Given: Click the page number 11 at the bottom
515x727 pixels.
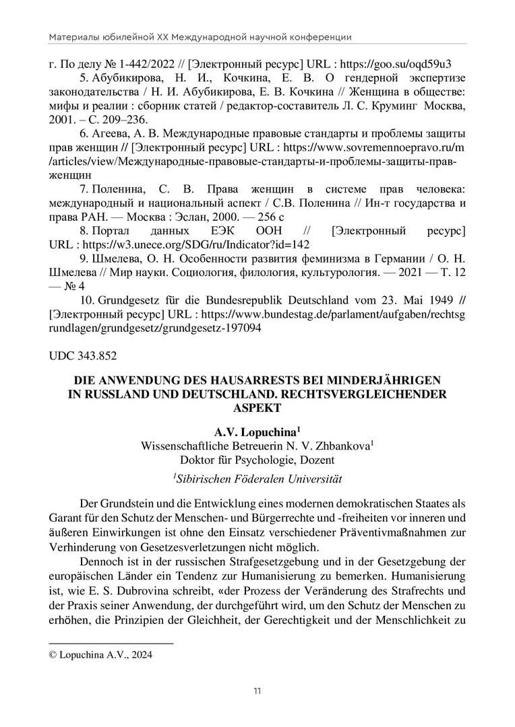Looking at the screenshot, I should (x=257, y=691).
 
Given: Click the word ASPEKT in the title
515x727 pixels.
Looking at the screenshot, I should (x=257, y=407).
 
